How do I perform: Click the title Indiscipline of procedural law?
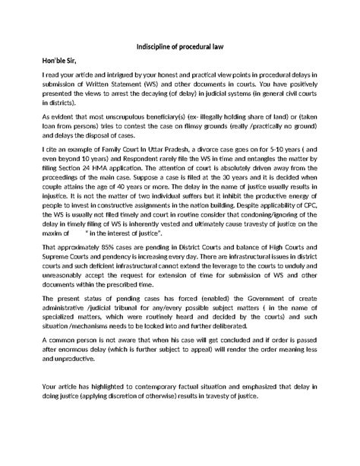point(179,46)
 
